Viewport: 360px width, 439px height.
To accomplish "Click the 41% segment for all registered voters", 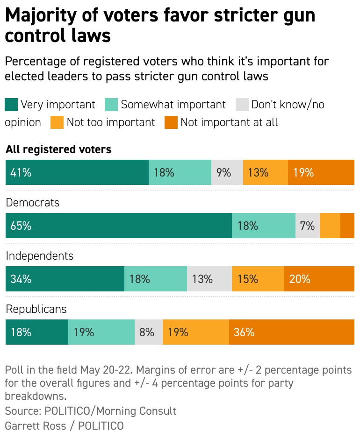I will click(x=77, y=172).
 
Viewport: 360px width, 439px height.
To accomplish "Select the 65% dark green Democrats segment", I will click(x=118, y=226).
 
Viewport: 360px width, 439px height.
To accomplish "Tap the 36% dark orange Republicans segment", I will click(x=291, y=332).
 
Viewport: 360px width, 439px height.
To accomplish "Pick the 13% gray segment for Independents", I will click(x=209, y=279).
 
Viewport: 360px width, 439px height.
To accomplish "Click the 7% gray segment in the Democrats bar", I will click(x=307, y=226).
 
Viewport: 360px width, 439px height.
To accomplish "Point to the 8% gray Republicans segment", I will click(x=148, y=332).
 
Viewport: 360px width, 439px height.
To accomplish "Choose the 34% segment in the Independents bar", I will click(x=65, y=279).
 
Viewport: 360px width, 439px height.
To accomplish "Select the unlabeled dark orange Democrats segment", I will click(x=347, y=226).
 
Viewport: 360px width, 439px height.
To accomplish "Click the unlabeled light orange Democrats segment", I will click(x=330, y=226).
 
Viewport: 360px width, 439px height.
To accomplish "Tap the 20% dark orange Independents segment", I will click(x=319, y=279).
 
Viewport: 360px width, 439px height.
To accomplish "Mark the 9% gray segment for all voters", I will click(x=227, y=172).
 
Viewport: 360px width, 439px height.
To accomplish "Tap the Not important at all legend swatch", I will click(x=171, y=122).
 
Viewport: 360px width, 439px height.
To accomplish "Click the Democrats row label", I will click(x=32, y=203).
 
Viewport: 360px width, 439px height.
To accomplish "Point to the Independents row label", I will click(x=39, y=256).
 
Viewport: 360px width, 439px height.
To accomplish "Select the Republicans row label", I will click(x=36, y=309).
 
